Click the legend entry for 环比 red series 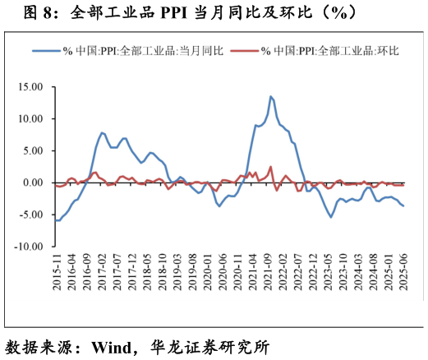(x=329, y=51)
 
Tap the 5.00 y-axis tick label (x=32, y=150)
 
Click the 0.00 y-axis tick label (x=32, y=182)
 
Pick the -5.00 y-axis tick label (x=30, y=215)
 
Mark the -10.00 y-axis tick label (x=29, y=247)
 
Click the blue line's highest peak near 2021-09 (x=270, y=96)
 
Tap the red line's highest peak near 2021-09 (x=270, y=167)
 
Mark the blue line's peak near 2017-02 (x=102, y=132)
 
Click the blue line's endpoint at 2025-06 (x=403, y=206)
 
